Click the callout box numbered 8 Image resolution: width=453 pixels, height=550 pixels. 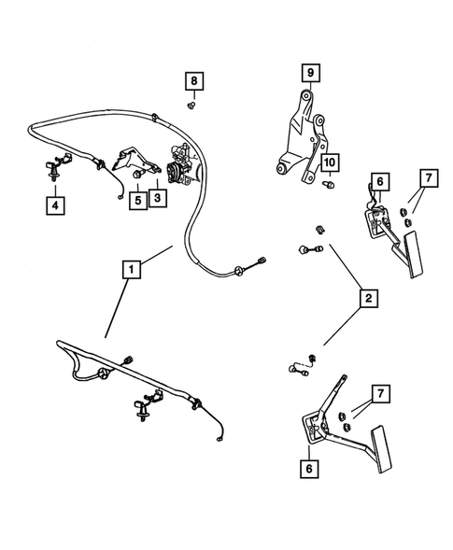(193, 81)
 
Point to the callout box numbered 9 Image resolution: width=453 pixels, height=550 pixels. (309, 72)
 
